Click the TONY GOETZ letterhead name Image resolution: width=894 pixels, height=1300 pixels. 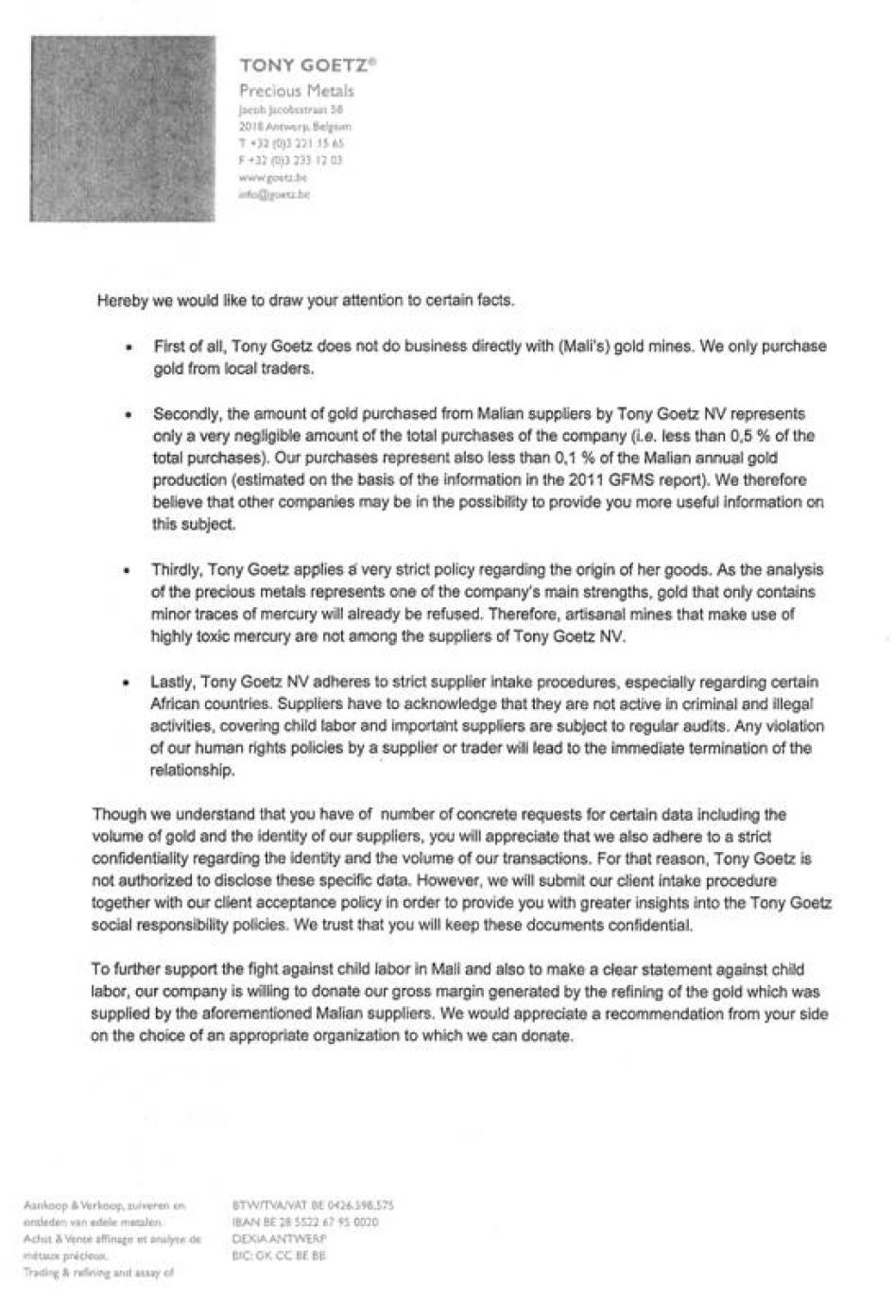click(x=307, y=65)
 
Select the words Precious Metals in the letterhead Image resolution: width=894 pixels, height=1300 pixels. click(x=297, y=92)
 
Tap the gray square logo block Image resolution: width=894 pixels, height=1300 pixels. click(x=123, y=129)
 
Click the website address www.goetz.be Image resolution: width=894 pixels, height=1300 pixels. click(x=273, y=177)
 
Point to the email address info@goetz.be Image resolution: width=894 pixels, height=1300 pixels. click(x=274, y=194)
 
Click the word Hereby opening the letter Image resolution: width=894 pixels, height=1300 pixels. click(x=119, y=301)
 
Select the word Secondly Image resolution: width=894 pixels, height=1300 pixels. click(x=186, y=414)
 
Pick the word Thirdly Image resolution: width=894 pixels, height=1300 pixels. click(x=175, y=570)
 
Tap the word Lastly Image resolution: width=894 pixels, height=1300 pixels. click(x=171, y=682)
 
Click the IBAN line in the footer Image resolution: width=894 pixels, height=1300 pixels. click(x=305, y=1222)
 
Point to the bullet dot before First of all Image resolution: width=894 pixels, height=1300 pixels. click(x=129, y=347)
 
